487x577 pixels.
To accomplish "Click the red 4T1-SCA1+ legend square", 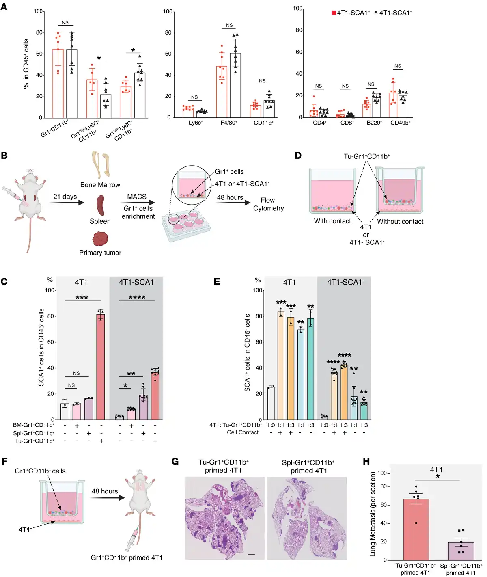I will (x=334, y=13).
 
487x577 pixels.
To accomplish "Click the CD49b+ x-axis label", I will (x=400, y=123).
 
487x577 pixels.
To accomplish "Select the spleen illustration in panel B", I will (x=100, y=205).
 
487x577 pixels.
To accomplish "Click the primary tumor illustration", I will (x=100, y=239).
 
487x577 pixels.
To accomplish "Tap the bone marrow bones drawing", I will (x=101, y=164).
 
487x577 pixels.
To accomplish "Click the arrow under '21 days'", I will (x=68, y=202).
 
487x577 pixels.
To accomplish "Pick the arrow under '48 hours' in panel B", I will (x=233, y=203).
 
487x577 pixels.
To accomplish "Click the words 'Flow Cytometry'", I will (x=268, y=204).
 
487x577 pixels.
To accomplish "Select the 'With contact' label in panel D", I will (x=332, y=221).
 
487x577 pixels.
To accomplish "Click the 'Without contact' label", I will (x=400, y=222).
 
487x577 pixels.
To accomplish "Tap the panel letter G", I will (x=175, y=461).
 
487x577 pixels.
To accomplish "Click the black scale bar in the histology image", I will (x=251, y=554).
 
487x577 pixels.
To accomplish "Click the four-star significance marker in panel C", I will (x=137, y=298).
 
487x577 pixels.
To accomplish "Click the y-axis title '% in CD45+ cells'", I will (x=26, y=64).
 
